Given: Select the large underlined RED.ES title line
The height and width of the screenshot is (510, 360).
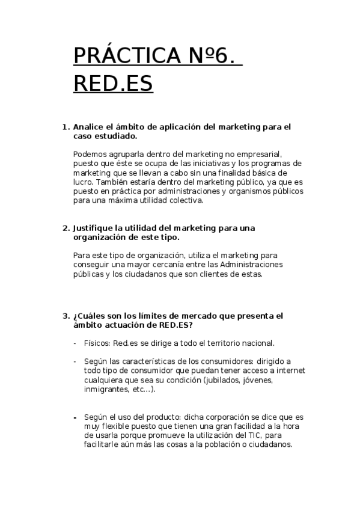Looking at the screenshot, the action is (x=113, y=84).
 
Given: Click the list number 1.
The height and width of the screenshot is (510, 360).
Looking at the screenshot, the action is (x=66, y=127).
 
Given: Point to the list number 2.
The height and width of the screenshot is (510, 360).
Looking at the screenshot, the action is (x=66, y=228).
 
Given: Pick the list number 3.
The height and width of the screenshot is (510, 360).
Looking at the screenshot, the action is (x=66, y=315).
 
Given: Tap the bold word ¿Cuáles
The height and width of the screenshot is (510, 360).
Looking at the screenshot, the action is (x=90, y=315).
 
